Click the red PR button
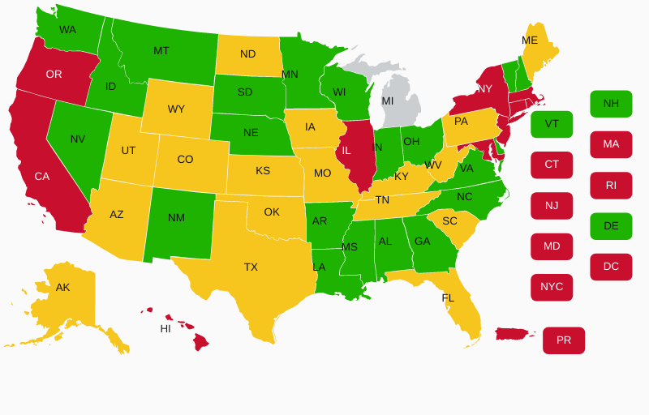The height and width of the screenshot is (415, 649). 564,340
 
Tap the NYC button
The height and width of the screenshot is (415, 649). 552,287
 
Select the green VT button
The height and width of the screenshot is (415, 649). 552,124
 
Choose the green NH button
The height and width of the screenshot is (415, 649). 611,104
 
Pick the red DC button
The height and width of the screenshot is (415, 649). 611,267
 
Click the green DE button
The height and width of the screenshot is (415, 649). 611,226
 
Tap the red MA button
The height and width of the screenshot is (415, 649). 611,144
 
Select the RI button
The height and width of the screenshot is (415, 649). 611,186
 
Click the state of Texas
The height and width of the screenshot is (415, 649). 251,267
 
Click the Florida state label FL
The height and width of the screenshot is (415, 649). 448,298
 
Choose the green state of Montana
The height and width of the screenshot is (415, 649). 162,53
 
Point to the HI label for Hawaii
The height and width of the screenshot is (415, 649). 165,329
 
